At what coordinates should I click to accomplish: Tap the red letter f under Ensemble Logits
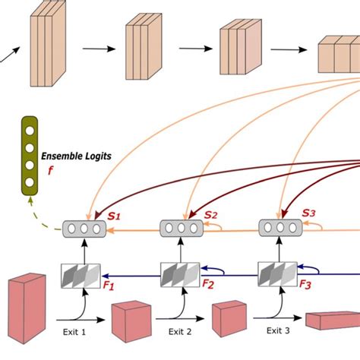51,171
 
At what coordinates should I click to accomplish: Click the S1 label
113,217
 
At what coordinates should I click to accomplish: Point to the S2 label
210,216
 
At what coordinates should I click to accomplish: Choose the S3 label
308,215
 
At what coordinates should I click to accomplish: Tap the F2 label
207,285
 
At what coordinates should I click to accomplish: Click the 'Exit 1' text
78,332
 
